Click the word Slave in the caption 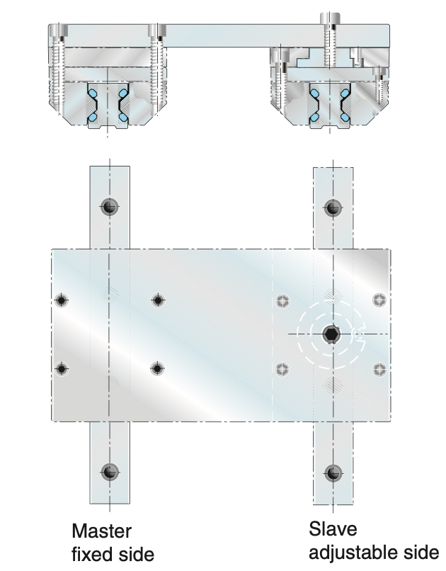click(x=333, y=529)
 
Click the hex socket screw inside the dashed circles click(x=331, y=334)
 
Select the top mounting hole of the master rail click(x=109, y=207)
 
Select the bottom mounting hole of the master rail click(x=109, y=472)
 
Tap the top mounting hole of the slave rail click(x=332, y=208)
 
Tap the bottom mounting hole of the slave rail click(x=332, y=472)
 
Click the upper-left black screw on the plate click(x=62, y=300)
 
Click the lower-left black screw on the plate click(x=62, y=368)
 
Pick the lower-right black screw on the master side click(x=157, y=368)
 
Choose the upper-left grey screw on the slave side click(x=283, y=300)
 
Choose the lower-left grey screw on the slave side click(x=283, y=368)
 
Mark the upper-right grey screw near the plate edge click(x=379, y=300)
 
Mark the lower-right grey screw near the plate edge click(x=379, y=368)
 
